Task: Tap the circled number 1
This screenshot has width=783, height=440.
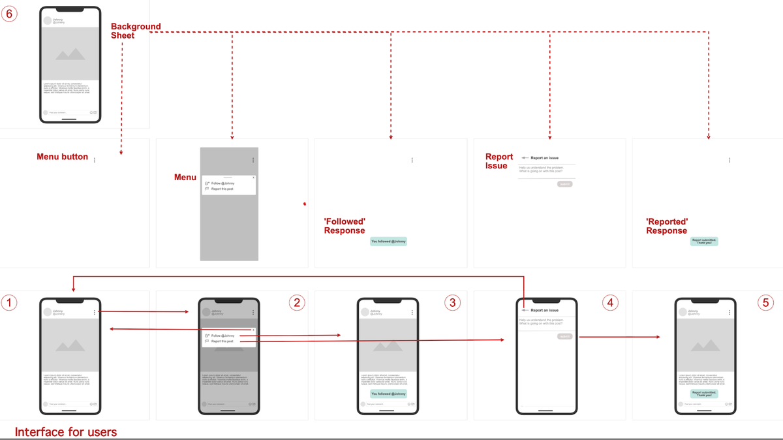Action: [10, 302]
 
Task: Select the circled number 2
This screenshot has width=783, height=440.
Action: [296, 302]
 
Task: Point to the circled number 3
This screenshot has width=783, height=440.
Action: [452, 302]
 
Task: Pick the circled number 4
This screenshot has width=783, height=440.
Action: [609, 302]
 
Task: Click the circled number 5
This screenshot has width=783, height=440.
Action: [767, 302]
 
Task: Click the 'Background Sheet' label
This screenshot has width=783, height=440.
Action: [135, 31]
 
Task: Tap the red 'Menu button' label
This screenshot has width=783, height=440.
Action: [62, 157]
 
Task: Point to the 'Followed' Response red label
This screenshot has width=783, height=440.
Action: [345, 226]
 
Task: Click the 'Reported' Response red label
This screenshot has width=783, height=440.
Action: [667, 226]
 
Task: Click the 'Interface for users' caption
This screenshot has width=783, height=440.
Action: [66, 432]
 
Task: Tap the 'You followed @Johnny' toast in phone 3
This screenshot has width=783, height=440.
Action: [388, 394]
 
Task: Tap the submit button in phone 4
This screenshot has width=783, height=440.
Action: [564, 336]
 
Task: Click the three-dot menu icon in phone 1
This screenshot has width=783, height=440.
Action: [95, 313]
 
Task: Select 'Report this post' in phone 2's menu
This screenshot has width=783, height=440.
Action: [223, 341]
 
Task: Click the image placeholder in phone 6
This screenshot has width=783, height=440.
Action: [70, 54]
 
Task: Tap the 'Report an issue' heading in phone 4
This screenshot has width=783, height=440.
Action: [544, 310]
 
